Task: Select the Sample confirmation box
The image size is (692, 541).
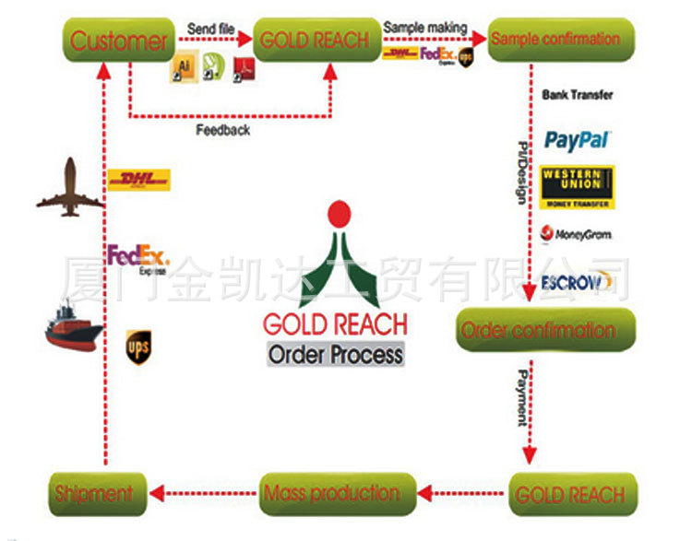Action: coord(560,40)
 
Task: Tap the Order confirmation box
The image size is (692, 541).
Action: coord(546,330)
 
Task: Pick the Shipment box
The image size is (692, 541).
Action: coord(94,493)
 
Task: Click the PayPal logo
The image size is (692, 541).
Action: coord(578,140)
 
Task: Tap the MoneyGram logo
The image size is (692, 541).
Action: coord(578,234)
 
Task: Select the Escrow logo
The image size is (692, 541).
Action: coord(572,281)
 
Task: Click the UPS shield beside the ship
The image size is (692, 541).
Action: coord(138,346)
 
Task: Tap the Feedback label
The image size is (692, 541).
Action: coord(222,131)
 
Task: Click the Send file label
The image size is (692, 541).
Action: coord(210,29)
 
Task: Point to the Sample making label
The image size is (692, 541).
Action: coord(424,29)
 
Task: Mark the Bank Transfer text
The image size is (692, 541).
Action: coord(578,95)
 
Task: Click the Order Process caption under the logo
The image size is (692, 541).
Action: coord(335,354)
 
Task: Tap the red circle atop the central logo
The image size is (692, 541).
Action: coord(340,213)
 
